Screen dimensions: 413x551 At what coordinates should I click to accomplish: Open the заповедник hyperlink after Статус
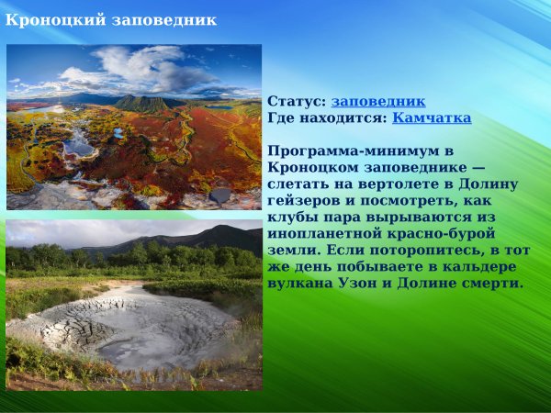378,102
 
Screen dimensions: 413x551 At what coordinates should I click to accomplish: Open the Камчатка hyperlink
432,118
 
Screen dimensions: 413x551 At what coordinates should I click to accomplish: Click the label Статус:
297,102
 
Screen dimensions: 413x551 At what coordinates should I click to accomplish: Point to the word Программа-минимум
346,151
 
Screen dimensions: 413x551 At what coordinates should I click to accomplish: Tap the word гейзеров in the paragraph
303,201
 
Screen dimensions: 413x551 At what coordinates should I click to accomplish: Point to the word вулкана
300,284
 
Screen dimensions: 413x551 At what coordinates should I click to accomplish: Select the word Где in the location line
280,118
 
